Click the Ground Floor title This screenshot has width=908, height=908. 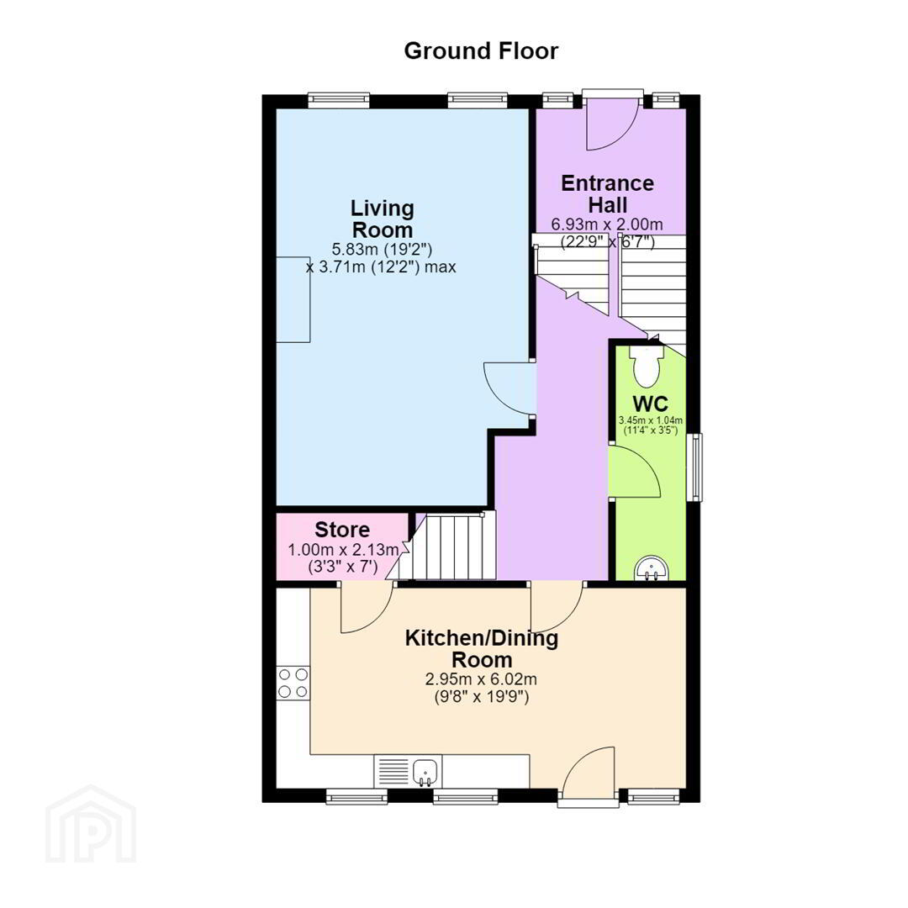point(481,51)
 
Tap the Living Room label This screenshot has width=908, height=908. point(383,219)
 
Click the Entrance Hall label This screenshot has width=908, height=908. point(608,194)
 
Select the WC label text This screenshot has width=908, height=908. point(650,404)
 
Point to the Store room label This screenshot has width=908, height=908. point(342,530)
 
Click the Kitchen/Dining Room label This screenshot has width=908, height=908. point(482,649)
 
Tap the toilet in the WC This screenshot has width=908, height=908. point(647,366)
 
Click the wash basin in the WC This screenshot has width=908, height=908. point(652,568)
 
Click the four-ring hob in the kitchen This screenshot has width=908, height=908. point(293,684)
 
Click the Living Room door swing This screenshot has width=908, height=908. point(509,388)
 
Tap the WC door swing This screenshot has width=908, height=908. point(636,471)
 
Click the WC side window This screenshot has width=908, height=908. point(695,467)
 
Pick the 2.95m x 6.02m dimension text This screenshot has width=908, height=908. point(481,678)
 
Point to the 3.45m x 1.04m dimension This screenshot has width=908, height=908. point(651,420)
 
